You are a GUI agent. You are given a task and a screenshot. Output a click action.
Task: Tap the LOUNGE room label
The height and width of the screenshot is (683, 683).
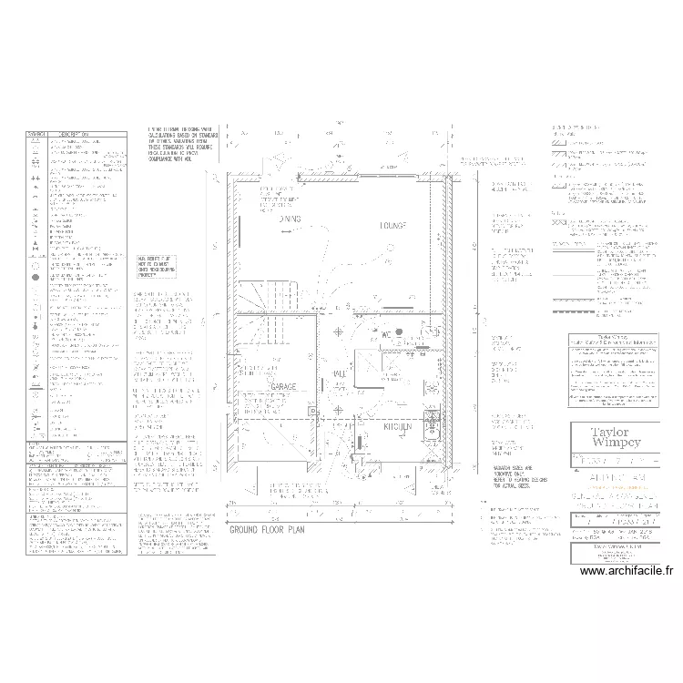(x=393, y=225)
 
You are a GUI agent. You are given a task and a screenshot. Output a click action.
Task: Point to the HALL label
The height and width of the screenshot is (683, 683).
(x=338, y=373)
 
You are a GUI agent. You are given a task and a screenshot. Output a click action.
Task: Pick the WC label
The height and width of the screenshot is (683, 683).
(x=385, y=335)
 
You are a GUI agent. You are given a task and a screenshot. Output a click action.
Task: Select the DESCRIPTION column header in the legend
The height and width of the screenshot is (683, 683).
(x=87, y=135)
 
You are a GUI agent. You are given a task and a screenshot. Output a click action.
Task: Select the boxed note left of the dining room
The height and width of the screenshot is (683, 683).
(x=154, y=265)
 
